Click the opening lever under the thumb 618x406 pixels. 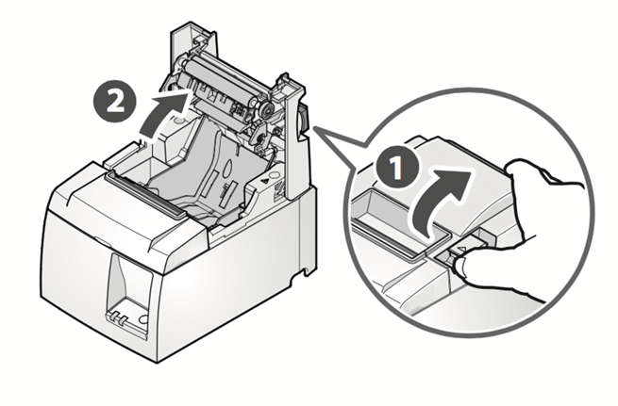point(451,252)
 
